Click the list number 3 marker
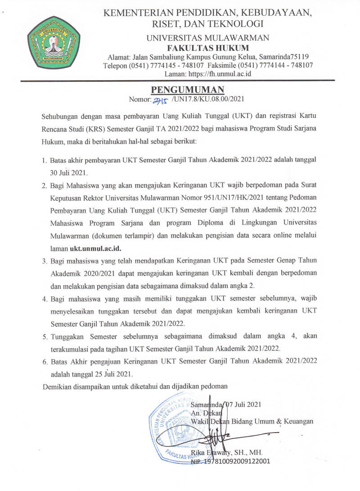coord(45,261)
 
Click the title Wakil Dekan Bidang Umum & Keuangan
coord(252,421)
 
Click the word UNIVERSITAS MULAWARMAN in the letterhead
coord(208,38)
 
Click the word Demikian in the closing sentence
coord(57,386)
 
